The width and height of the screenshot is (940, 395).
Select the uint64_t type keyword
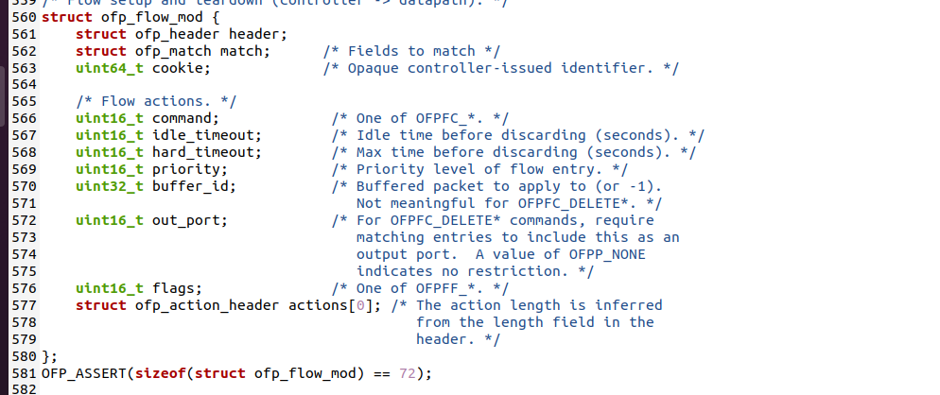coord(110,68)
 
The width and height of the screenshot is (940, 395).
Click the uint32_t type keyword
coord(110,186)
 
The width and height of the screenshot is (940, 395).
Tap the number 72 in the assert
coord(407,373)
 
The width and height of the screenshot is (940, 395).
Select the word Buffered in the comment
coord(391,186)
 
